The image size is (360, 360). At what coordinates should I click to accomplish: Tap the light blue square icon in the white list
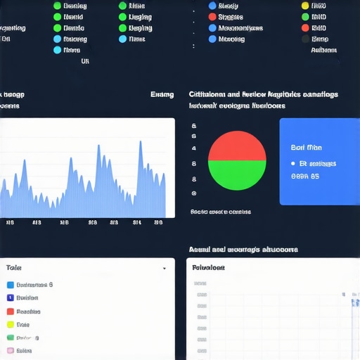pyautogui.click(x=10, y=285)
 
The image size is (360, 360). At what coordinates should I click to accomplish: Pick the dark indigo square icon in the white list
pyautogui.click(x=10, y=298)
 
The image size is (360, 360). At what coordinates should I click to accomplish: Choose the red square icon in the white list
pyautogui.click(x=10, y=311)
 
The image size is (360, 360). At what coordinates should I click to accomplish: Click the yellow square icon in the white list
pyautogui.click(x=10, y=325)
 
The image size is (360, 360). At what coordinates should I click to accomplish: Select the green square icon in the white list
pyautogui.click(x=10, y=337)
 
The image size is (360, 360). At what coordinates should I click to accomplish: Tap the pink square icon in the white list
pyautogui.click(x=10, y=350)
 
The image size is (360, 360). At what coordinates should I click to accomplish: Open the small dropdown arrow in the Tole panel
pyautogui.click(x=165, y=269)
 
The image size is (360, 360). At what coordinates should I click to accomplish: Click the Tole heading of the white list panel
pyautogui.click(x=13, y=268)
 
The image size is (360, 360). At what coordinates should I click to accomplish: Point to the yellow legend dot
pyautogui.click(x=304, y=6)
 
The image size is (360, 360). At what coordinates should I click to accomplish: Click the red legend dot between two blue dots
pyautogui.click(x=212, y=16)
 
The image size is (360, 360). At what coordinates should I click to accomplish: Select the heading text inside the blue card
pyautogui.click(x=306, y=148)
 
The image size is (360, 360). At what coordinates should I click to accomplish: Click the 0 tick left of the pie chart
pyautogui.click(x=193, y=193)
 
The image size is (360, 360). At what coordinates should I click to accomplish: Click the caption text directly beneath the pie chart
pyautogui.click(x=220, y=211)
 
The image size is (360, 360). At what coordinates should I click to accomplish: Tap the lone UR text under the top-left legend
pyautogui.click(x=85, y=61)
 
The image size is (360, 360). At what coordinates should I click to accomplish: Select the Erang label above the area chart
pyautogui.click(x=162, y=94)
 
